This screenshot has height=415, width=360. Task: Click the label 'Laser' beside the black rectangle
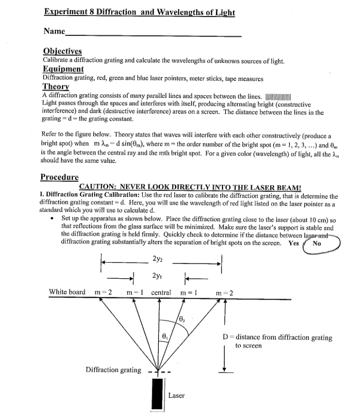tap(176, 395)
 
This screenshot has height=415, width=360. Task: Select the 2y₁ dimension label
tap(158, 275)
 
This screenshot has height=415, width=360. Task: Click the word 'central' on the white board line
tap(161, 292)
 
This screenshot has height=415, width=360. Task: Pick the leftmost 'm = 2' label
tap(103, 292)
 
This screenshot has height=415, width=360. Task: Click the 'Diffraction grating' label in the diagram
tap(113, 370)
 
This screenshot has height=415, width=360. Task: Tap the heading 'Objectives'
tap(62, 51)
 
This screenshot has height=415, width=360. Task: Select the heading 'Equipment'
tap(63, 69)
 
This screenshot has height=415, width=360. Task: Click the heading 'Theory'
tap(56, 87)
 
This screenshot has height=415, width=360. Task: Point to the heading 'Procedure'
tap(59, 177)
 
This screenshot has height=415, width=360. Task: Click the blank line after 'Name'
tap(153, 34)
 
